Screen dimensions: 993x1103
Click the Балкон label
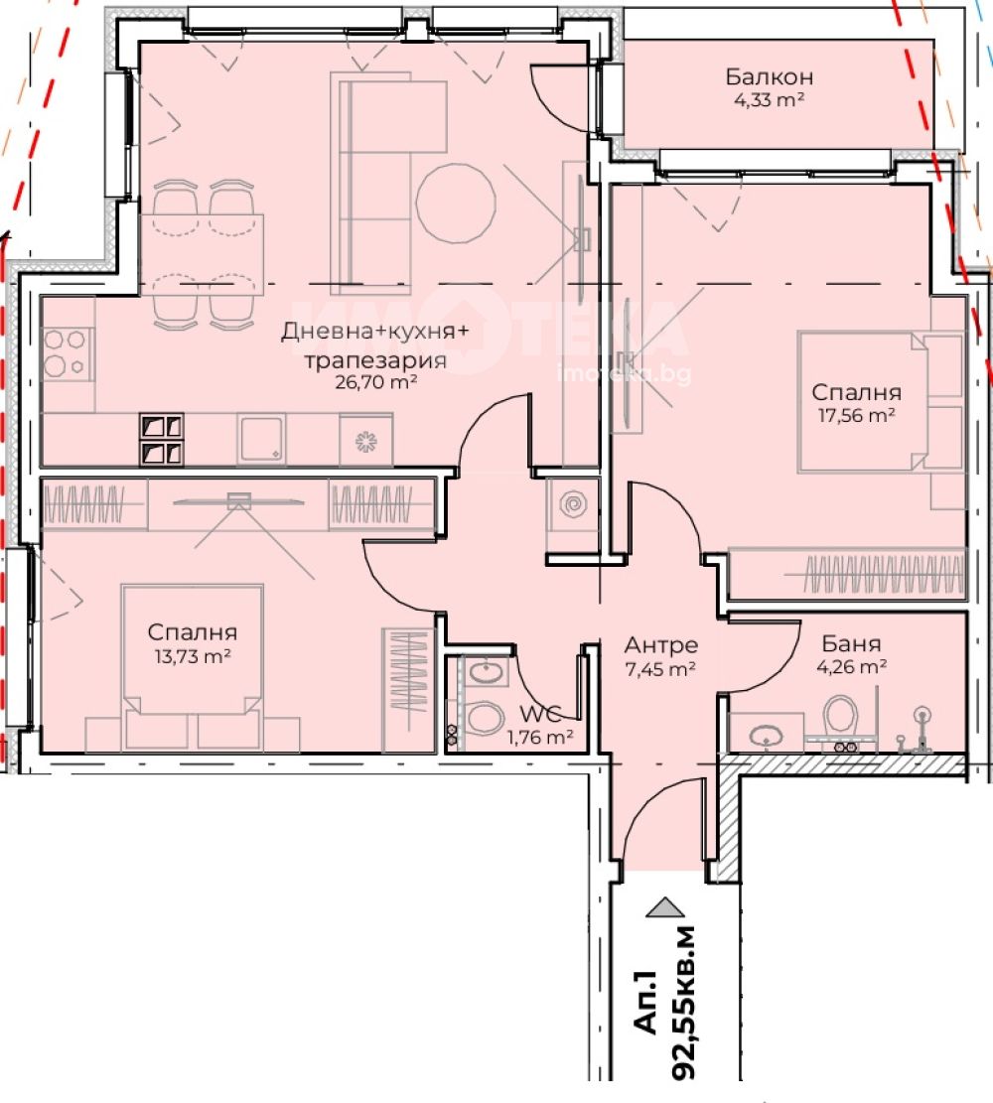[x=770, y=76]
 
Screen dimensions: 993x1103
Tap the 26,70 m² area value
[x=375, y=382]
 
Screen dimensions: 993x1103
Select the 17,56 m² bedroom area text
[x=856, y=415]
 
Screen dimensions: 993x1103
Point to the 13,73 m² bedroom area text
[x=193, y=656]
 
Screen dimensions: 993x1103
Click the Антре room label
[x=660, y=645]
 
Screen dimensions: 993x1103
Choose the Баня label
[x=851, y=643]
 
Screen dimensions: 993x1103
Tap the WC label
[x=540, y=714]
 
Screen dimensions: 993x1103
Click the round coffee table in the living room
[x=456, y=204]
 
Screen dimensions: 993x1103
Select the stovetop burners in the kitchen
[x=64, y=353]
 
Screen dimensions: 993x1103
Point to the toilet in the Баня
[x=841, y=716]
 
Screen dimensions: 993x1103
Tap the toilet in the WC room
[x=485, y=718]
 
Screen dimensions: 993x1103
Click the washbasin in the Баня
[x=766, y=736]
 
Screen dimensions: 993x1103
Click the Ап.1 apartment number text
[x=645, y=1003]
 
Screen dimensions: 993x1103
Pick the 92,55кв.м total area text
[x=682, y=1002]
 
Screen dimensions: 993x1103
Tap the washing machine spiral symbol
[x=572, y=504]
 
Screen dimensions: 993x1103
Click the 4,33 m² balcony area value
[x=770, y=100]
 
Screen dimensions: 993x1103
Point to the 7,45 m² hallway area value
[x=660, y=669]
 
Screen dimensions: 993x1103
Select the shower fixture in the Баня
[x=921, y=730]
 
